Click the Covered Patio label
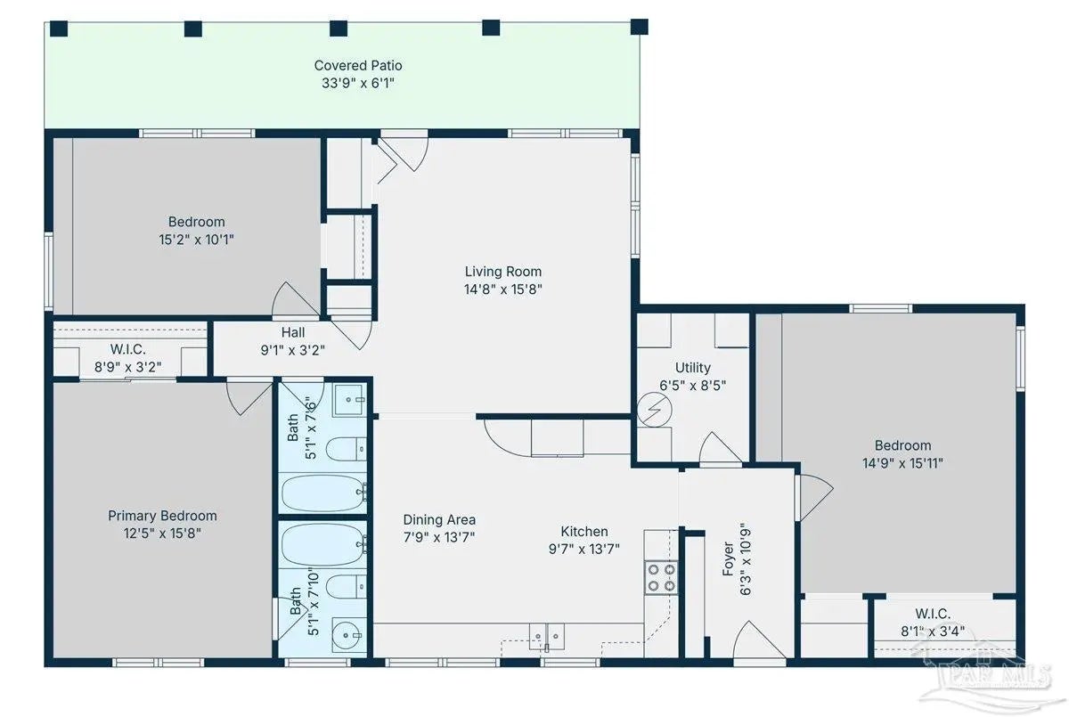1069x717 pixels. click(x=358, y=65)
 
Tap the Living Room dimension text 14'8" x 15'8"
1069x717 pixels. click(x=503, y=289)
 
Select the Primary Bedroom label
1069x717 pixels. click(x=162, y=516)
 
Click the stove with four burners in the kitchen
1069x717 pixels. click(x=661, y=577)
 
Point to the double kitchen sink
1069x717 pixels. click(x=546, y=636)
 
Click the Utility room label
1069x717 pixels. click(x=692, y=367)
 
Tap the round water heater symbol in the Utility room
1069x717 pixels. click(x=654, y=410)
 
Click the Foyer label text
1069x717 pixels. click(x=727, y=558)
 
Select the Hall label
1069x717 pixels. click(x=292, y=332)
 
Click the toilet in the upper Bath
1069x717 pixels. click(x=346, y=449)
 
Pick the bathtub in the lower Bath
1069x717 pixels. click(x=324, y=544)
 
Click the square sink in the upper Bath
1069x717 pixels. click(x=350, y=400)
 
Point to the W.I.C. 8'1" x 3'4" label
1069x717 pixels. click(x=933, y=623)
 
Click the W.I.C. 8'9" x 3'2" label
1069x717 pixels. click(x=128, y=358)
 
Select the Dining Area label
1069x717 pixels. click(x=439, y=519)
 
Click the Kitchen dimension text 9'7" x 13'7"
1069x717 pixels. click(x=584, y=549)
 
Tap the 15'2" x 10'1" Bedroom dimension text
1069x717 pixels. click(x=196, y=239)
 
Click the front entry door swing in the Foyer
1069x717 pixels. click(x=759, y=640)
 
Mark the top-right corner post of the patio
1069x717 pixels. click(x=639, y=27)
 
